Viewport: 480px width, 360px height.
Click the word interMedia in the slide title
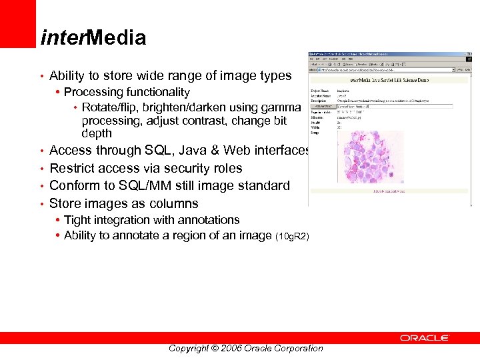pyautogui.click(x=93, y=38)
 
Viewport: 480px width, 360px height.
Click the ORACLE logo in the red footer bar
pyautogui.click(x=425, y=338)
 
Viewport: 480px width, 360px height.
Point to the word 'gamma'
pyautogui.click(x=286, y=107)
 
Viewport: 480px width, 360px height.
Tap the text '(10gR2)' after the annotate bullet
pyautogui.click(x=292, y=237)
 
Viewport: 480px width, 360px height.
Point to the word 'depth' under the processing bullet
pyautogui.click(x=97, y=133)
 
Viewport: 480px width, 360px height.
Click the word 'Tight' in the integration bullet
pyautogui.click(x=78, y=220)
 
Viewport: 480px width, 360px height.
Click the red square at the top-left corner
pyautogui.click(x=17, y=23)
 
